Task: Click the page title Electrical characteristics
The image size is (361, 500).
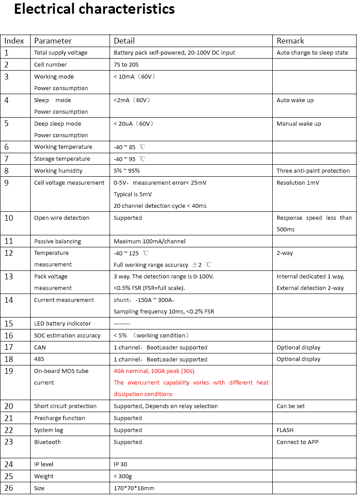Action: [94, 9]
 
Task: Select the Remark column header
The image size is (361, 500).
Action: [290, 41]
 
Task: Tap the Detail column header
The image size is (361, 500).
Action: [124, 41]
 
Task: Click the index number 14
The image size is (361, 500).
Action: [9, 300]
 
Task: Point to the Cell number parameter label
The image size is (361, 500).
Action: [51, 65]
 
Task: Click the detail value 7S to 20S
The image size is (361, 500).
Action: [126, 65]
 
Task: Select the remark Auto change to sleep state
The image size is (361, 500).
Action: [312, 53]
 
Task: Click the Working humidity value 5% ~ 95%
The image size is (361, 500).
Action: [127, 171]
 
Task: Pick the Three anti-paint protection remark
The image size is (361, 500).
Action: [313, 171]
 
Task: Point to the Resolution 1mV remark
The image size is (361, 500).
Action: [298, 183]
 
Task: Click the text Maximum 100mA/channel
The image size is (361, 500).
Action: [149, 242]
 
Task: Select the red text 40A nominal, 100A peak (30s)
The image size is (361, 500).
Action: [154, 371]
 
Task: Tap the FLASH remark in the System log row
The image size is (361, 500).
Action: [285, 430]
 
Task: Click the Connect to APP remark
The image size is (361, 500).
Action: [298, 442]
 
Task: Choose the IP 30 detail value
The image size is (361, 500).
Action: [120, 464]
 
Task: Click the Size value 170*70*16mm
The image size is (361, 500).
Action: [134, 488]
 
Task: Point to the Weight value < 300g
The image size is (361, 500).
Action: [123, 476]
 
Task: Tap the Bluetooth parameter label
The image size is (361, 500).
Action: [47, 442]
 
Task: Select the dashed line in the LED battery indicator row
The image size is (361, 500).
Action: [122, 324]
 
